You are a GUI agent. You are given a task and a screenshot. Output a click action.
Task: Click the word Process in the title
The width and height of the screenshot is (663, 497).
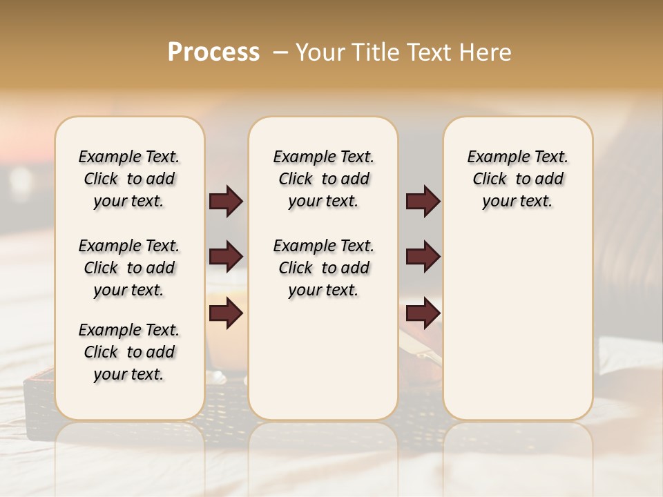pyautogui.click(x=214, y=52)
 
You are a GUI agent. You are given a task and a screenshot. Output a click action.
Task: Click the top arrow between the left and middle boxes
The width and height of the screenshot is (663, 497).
pyautogui.click(x=226, y=202)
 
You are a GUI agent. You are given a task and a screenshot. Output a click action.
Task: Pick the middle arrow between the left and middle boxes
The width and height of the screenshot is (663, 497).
pyautogui.click(x=226, y=257)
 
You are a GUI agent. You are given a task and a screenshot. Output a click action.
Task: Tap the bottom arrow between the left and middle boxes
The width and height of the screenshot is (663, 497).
pyautogui.click(x=226, y=313)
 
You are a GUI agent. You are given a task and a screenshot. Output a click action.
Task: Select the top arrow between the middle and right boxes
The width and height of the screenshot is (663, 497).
pyautogui.click(x=423, y=202)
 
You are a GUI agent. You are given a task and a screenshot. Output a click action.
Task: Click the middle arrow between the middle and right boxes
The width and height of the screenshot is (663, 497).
pyautogui.click(x=423, y=257)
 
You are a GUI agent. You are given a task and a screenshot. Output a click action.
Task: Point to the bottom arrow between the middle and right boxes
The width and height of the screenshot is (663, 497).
pyautogui.click(x=423, y=313)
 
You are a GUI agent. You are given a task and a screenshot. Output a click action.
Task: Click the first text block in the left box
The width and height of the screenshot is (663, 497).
pyautogui.click(x=129, y=179)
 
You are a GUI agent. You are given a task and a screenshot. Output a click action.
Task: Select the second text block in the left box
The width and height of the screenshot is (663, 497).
pyautogui.click(x=129, y=268)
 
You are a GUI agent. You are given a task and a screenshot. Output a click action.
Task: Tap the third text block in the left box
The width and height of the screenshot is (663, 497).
pyautogui.click(x=129, y=352)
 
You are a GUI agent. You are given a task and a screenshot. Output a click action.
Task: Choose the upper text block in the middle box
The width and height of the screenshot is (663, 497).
pyautogui.click(x=323, y=179)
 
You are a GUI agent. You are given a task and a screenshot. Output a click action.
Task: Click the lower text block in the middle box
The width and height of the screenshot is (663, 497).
pyautogui.click(x=323, y=268)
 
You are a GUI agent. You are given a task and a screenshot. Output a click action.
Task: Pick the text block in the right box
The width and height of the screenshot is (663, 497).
pyautogui.click(x=517, y=179)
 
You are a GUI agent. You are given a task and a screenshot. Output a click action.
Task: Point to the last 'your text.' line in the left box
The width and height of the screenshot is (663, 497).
pyautogui.click(x=129, y=374)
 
